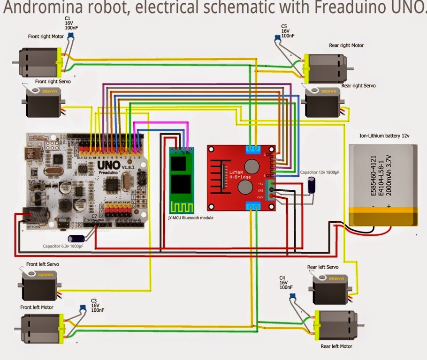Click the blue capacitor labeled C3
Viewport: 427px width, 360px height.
coord(83,308)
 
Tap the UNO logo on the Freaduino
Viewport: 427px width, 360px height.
coord(108,165)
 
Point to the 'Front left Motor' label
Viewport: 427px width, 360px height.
coord(37,307)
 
